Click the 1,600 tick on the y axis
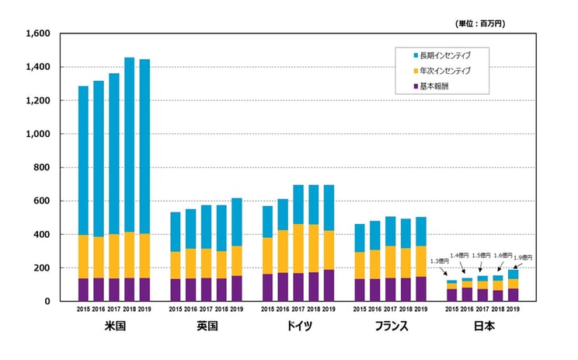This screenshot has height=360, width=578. (37, 33)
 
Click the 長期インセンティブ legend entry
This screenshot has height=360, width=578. (444, 55)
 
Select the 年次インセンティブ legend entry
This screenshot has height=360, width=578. (444, 71)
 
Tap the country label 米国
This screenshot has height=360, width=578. (113, 327)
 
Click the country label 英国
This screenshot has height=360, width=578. (206, 327)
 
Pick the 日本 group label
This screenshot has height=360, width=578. (483, 327)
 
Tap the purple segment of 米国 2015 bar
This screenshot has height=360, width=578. (83, 289)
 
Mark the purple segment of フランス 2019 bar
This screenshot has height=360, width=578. (422, 288)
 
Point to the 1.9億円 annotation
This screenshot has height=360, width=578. (523, 257)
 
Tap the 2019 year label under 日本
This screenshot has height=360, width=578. (514, 309)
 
